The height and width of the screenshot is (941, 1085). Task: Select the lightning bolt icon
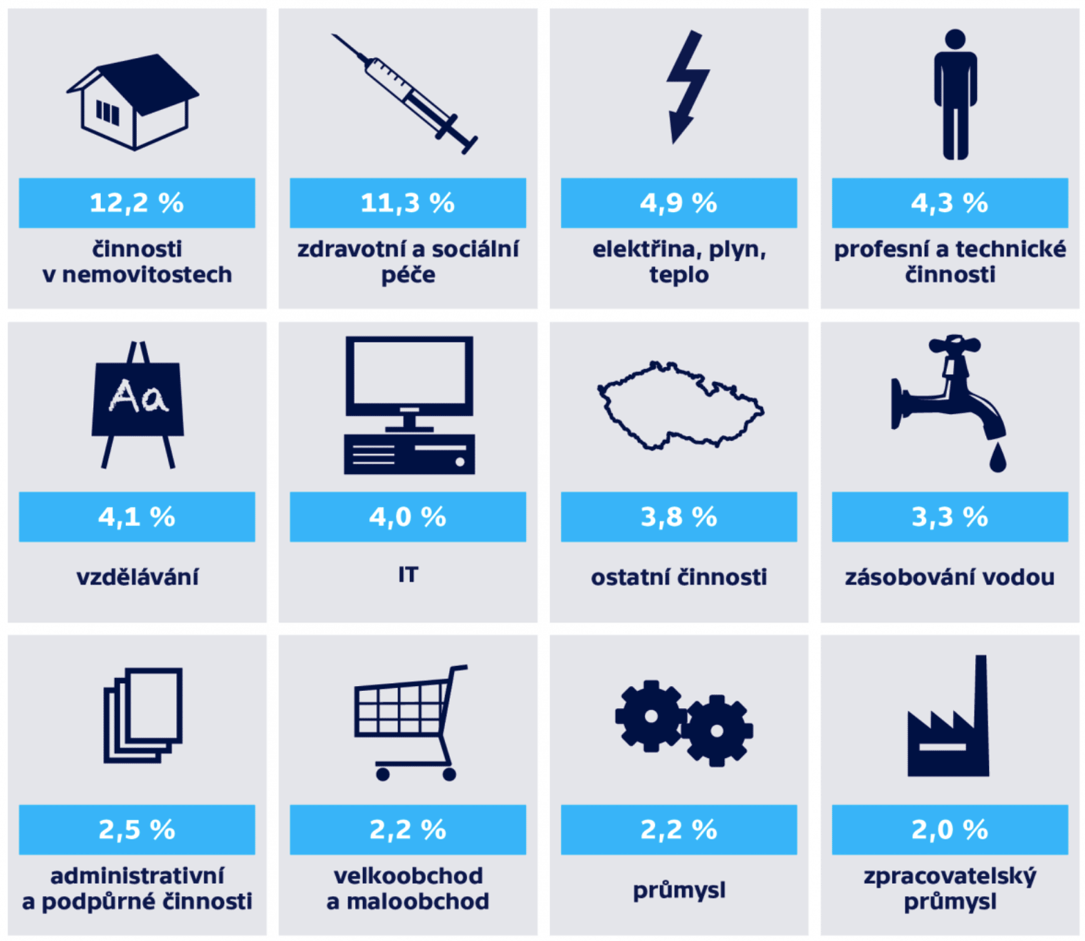686,86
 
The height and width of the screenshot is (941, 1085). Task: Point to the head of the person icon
955,39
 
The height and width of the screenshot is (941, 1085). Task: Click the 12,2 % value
137,203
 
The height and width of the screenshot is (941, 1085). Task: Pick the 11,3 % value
408,203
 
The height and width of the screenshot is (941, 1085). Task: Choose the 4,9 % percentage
679,203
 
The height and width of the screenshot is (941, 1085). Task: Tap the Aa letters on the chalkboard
138,397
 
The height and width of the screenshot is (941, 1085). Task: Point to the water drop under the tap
997,458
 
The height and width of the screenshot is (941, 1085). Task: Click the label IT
408,575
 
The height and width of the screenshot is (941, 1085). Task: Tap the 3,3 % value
950,517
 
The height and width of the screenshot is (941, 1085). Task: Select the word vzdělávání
137,576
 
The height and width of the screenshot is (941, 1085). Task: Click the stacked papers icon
143,715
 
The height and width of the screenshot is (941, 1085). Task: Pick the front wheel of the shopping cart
383,774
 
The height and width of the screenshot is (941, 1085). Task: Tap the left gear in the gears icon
650,716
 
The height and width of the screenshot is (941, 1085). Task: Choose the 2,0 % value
950,830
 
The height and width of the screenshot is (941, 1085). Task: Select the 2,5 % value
137,830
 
